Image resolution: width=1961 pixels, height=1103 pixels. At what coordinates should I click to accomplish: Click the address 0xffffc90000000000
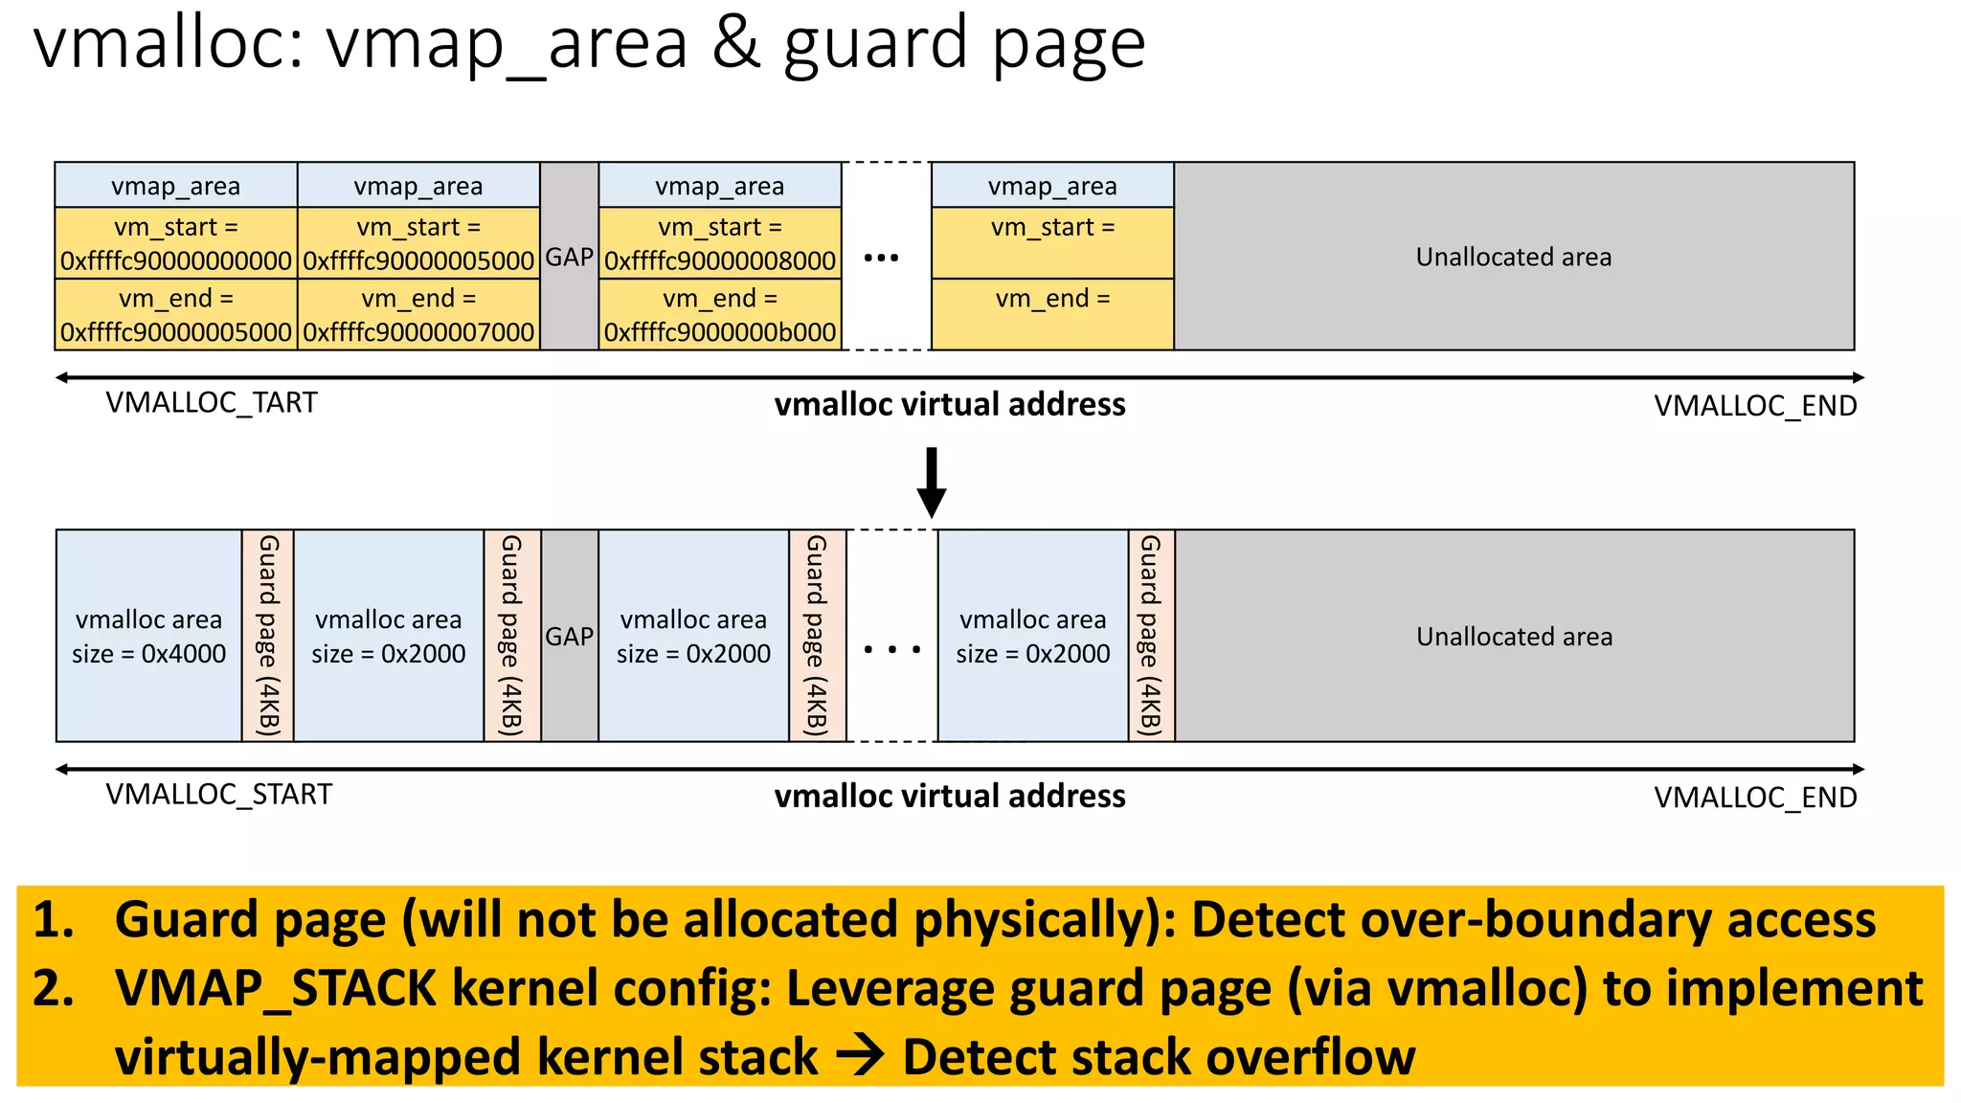point(175,260)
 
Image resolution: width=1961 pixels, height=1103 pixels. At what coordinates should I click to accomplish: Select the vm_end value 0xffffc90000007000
point(418,332)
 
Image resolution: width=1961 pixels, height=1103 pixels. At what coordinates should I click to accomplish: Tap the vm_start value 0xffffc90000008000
point(720,260)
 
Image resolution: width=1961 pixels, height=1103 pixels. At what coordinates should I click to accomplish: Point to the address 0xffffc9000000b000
point(720,332)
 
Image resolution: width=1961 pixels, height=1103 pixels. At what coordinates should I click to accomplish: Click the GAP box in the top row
point(570,257)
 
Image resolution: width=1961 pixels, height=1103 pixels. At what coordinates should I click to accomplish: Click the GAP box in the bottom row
point(570,637)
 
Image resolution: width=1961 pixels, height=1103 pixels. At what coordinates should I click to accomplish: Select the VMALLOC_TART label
point(211,403)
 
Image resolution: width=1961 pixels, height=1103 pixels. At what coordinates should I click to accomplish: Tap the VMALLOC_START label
point(218,795)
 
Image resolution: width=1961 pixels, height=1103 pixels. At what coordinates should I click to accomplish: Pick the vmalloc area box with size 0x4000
point(148,637)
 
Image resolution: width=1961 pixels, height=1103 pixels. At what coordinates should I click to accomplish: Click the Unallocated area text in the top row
point(1513,257)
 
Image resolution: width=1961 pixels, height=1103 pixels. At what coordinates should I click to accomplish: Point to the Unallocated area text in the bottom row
point(1514,637)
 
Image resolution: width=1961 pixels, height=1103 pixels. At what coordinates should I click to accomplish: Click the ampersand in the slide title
point(735,44)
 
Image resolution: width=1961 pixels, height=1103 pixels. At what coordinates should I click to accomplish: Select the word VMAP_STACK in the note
point(276,988)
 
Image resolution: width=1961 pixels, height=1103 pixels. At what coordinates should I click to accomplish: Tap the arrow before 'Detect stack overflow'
point(859,1057)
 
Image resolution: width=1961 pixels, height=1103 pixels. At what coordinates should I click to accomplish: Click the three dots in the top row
point(881,258)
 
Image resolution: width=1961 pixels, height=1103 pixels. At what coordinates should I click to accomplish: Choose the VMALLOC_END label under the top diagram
point(1755,406)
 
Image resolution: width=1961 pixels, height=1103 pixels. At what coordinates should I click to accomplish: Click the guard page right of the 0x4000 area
point(268,636)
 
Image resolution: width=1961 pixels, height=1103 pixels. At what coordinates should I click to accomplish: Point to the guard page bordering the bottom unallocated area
point(1151,636)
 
